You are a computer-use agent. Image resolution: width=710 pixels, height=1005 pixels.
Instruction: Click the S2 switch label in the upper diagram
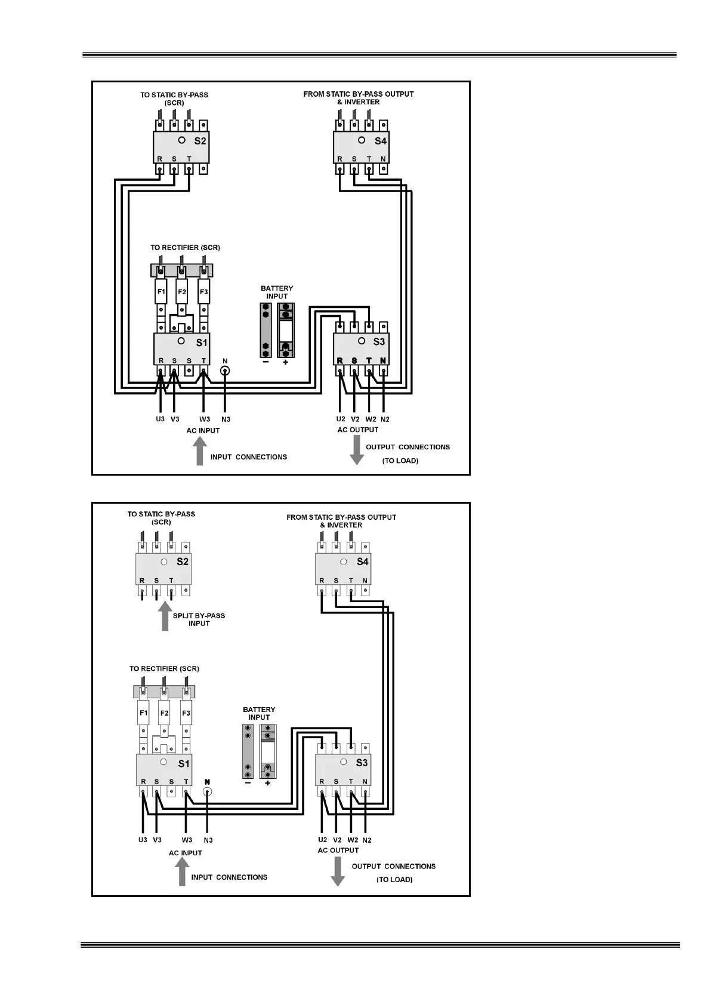(200, 141)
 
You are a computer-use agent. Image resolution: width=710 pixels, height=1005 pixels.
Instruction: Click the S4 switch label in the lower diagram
(363, 562)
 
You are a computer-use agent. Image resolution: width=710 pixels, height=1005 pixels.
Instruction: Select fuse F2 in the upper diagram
(182, 292)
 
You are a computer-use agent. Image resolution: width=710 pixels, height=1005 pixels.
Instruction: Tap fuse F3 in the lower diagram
(186, 713)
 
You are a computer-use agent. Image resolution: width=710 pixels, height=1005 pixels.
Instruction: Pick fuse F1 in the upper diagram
(161, 292)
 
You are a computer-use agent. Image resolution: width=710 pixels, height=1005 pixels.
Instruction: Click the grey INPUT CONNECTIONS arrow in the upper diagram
(200, 451)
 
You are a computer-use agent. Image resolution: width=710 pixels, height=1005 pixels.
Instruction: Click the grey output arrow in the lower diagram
(338, 872)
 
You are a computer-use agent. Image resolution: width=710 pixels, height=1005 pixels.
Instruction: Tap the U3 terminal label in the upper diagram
(160, 419)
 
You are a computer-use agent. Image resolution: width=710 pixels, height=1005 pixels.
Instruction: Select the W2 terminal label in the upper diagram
(371, 419)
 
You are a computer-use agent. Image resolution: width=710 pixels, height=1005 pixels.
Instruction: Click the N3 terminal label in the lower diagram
(208, 840)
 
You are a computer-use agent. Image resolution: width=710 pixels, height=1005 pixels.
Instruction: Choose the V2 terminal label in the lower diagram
(337, 840)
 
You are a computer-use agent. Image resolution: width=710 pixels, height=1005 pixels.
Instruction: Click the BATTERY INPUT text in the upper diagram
(277, 292)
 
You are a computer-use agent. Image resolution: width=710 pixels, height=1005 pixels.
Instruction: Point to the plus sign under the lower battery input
(267, 783)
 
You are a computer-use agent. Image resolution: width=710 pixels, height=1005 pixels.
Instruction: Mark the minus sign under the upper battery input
(266, 362)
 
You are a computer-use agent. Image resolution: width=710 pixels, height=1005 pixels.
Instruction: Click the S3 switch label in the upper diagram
(379, 342)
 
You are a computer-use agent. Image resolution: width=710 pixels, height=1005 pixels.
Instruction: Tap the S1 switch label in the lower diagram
(184, 763)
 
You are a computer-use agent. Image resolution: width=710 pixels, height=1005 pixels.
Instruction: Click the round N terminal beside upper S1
(225, 371)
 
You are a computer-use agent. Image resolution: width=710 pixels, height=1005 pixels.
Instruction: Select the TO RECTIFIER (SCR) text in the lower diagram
(164, 668)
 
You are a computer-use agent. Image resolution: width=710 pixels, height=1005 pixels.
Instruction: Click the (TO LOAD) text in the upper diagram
(400, 461)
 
